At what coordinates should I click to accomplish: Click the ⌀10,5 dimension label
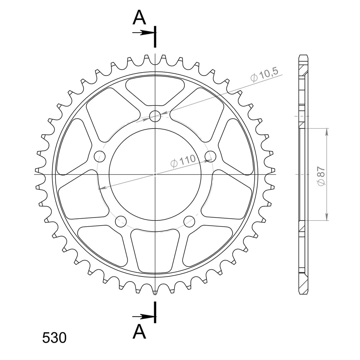(264, 74)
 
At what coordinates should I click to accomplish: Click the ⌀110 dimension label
(183, 160)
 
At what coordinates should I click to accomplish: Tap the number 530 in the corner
(54, 338)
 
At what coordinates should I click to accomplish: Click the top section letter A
(139, 18)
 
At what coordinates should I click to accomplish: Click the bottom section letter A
(139, 332)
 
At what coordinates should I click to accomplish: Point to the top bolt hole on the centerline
(155, 116)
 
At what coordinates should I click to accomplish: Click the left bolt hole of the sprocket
(100, 157)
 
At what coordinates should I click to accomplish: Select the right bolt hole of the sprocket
(210, 157)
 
